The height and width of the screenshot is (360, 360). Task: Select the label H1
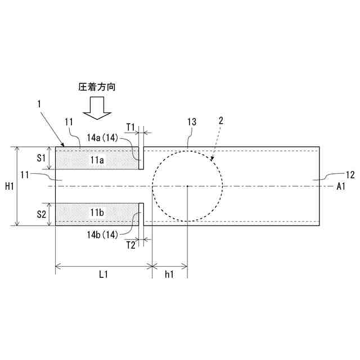(x=10, y=186)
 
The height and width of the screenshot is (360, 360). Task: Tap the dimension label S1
(x=41, y=158)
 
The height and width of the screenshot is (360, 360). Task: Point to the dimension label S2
(x=41, y=214)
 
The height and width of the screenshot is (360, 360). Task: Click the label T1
(x=130, y=127)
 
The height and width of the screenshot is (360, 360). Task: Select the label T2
(x=130, y=245)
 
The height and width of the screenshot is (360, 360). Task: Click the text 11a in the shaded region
(x=97, y=160)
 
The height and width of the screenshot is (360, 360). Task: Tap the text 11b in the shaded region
(x=97, y=213)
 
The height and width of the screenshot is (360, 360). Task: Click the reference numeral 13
(x=191, y=121)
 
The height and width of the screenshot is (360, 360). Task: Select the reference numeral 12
(x=349, y=175)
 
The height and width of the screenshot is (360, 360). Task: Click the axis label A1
(x=341, y=186)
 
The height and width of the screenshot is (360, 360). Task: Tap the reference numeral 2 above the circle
(x=221, y=120)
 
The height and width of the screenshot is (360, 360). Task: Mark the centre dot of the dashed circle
(x=187, y=186)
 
